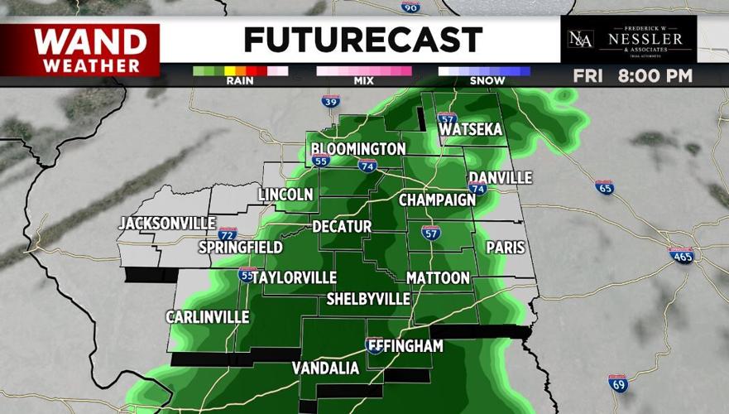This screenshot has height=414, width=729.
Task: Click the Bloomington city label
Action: point(358,149)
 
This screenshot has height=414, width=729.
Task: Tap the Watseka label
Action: point(472,131)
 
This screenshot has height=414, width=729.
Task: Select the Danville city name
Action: point(500,178)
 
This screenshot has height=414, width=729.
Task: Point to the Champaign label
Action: point(437,200)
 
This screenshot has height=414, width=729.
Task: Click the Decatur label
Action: point(342,227)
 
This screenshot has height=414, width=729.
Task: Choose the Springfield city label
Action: point(240,248)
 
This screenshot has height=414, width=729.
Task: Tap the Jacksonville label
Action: point(167,224)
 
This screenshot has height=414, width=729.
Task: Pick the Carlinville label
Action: point(208,317)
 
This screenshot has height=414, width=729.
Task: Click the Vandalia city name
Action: point(325,368)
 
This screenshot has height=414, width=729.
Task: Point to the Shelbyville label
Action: point(368,298)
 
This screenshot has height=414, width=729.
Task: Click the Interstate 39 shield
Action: point(330,102)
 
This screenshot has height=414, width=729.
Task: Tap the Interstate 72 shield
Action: point(228,233)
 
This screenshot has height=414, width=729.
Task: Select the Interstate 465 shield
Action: point(681,254)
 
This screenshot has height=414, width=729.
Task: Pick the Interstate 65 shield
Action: point(605,187)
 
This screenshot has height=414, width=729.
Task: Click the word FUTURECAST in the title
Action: point(362,39)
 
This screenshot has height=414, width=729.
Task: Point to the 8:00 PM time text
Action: point(655,76)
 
